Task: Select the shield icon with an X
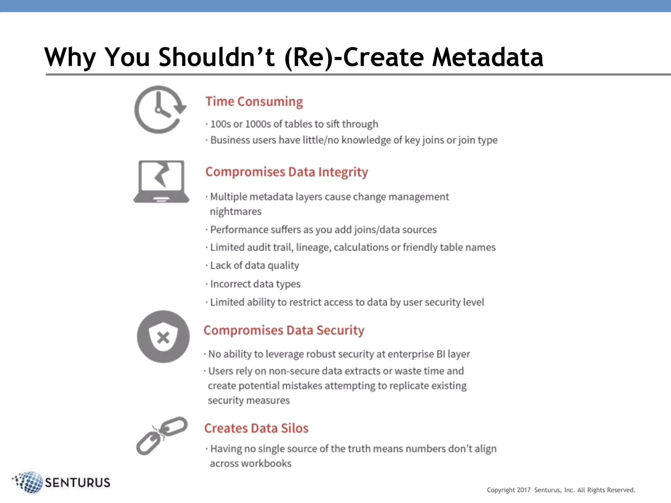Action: (163, 337)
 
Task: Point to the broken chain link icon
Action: (162, 435)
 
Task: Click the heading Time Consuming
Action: (254, 102)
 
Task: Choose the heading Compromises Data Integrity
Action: (286, 172)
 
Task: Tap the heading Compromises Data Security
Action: (284, 330)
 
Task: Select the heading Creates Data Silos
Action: (256, 428)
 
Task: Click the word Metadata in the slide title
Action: (488, 57)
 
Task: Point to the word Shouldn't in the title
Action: (217, 57)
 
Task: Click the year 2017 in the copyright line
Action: (524, 490)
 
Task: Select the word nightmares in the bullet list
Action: (236, 212)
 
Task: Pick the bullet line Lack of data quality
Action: (254, 265)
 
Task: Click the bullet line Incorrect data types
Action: (255, 284)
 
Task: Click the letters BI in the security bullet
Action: (441, 354)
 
